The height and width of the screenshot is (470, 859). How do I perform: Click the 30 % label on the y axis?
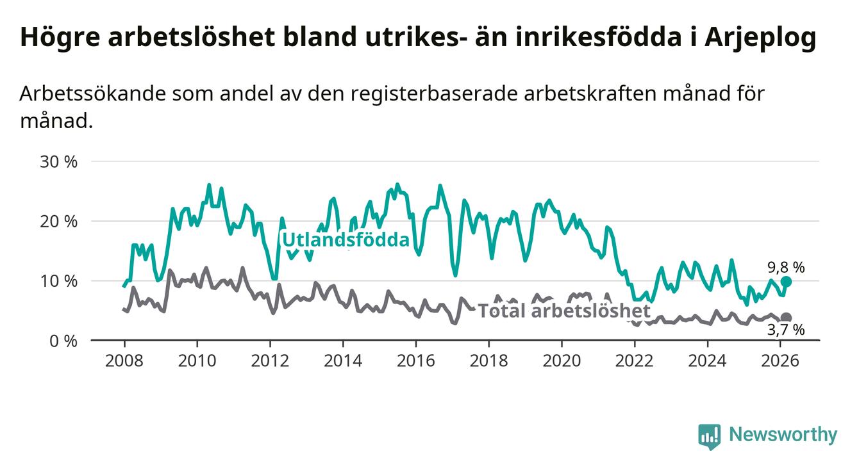pyautogui.click(x=58, y=161)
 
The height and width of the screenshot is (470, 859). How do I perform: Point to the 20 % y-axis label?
pyautogui.click(x=58, y=221)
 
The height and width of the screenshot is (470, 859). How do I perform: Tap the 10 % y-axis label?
pyautogui.click(x=58, y=281)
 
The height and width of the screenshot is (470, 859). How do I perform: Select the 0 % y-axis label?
pyautogui.click(x=63, y=341)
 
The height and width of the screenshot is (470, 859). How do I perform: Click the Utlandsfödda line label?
pyautogui.click(x=346, y=240)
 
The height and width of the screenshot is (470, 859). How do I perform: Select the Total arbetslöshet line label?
pyautogui.click(x=564, y=311)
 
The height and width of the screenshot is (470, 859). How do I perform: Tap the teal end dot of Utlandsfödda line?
pyautogui.click(x=787, y=282)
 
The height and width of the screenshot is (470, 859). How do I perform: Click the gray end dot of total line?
pyautogui.click(x=787, y=318)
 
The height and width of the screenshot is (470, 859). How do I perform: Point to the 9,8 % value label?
pyautogui.click(x=786, y=268)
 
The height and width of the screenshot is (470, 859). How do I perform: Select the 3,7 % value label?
pyautogui.click(x=786, y=330)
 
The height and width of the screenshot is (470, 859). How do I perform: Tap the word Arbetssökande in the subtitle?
pyautogui.click(x=93, y=93)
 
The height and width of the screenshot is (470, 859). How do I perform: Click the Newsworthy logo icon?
pyautogui.click(x=709, y=437)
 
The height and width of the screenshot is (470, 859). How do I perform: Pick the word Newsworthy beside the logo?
pyautogui.click(x=783, y=435)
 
